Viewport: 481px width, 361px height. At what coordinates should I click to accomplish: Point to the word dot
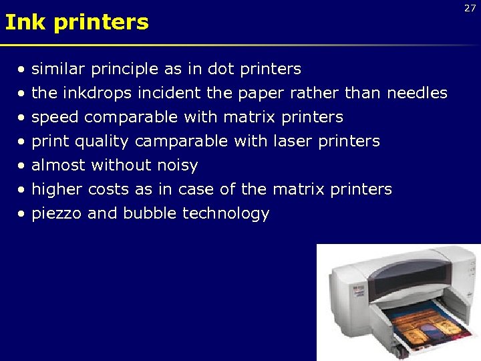coord(220,69)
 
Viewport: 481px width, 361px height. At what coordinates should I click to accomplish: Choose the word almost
coord(59,165)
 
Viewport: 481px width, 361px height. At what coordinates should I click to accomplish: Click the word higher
coord(56,190)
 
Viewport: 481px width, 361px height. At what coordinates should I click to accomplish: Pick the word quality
coord(104,142)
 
